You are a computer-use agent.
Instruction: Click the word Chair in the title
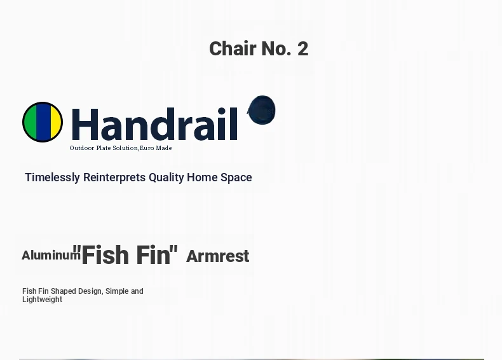coord(233,49)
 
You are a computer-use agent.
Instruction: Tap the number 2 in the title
coord(303,49)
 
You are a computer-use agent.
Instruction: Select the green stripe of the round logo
coord(31,122)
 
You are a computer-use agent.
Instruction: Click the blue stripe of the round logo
coord(44,122)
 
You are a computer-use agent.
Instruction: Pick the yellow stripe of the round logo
coord(56,122)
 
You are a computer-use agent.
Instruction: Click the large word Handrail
coord(154,125)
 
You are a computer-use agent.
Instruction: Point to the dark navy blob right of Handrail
coord(262,109)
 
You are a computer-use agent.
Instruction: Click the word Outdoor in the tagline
coord(82,148)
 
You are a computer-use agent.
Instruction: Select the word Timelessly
coord(53,177)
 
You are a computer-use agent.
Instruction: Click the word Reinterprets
coord(114,177)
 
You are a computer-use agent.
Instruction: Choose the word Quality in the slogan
coord(166,177)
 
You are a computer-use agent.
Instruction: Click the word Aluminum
coord(51,256)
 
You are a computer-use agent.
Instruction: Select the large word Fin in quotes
coord(153,255)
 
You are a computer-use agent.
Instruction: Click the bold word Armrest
coord(218,256)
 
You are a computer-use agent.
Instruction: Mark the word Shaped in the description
coord(64,291)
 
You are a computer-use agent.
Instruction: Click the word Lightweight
coord(43,300)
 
